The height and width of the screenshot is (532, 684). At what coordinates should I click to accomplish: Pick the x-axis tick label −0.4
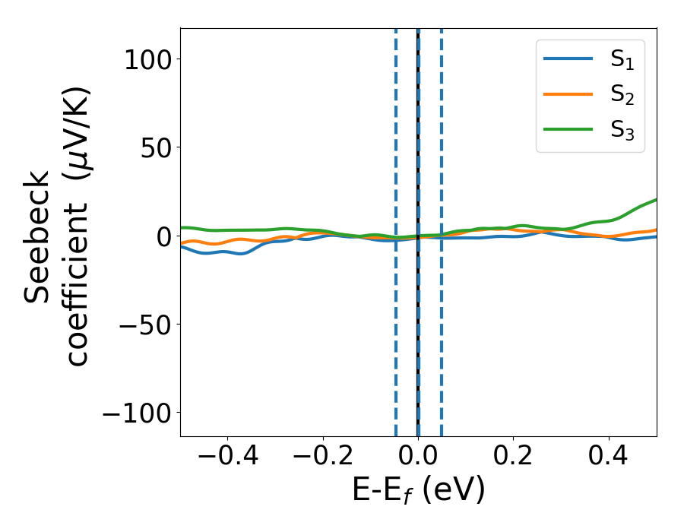(217, 458)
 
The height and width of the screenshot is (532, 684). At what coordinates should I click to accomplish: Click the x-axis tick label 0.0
(418, 458)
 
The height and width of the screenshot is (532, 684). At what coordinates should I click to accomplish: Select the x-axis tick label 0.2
(513, 458)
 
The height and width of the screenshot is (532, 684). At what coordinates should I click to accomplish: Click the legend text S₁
(622, 61)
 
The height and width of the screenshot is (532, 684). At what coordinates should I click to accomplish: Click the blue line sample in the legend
(568, 59)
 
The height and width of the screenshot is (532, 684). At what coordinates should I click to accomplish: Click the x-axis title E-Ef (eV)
(418, 491)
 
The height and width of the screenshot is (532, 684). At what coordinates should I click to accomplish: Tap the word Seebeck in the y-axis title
(37, 237)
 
